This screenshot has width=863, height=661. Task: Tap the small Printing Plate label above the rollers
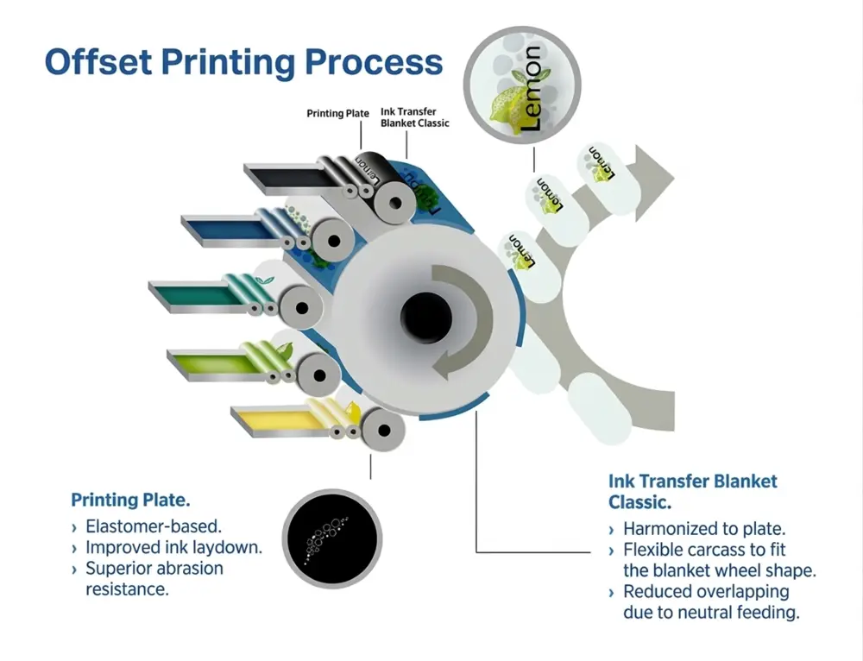(337, 113)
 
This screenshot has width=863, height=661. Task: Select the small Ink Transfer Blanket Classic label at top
(414, 117)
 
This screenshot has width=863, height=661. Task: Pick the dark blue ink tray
(226, 227)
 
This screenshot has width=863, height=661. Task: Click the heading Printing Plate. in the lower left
(130, 500)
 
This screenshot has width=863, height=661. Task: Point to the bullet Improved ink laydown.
(173, 547)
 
